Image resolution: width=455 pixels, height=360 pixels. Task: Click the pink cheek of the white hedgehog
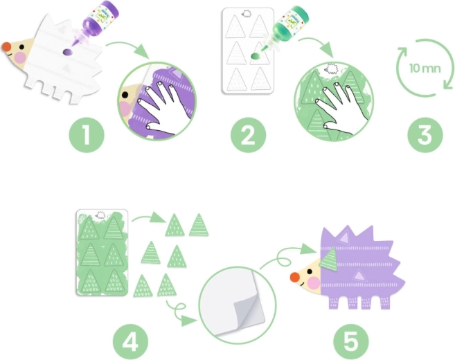pos(21,56)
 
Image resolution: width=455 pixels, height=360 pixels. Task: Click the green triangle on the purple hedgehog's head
pos(330,259)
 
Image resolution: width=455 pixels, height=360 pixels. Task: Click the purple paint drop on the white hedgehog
pos(67,51)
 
